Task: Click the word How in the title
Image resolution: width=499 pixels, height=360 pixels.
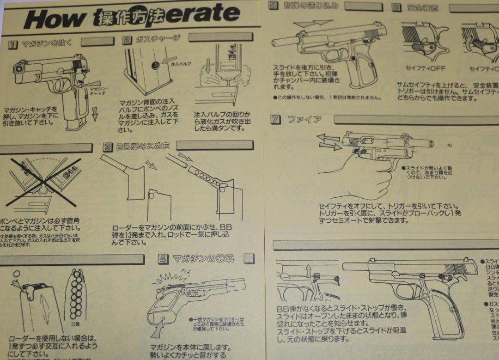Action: pos(55,19)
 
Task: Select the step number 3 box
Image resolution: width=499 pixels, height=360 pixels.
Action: pos(107,147)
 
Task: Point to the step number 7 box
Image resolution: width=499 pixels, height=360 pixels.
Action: pos(275,119)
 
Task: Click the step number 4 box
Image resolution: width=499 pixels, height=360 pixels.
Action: pos(163,259)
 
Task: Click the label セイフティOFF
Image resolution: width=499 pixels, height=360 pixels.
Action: pos(425,69)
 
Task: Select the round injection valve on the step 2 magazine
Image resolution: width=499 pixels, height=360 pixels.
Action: pos(156,65)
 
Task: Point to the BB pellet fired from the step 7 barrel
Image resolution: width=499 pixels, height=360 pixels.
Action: pos(449,145)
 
